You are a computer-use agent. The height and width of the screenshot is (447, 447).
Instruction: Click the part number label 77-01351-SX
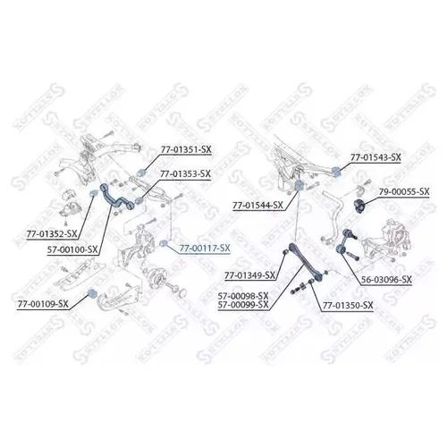point(186,149)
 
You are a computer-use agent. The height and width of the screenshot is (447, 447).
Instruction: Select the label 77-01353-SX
point(185,173)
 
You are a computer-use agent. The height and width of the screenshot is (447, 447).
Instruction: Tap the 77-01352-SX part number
point(52,234)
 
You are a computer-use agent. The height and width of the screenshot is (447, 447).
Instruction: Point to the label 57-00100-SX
point(72,249)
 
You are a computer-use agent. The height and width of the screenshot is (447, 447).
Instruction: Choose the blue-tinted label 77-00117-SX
point(205,248)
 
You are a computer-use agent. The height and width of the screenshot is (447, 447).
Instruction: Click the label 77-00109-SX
point(43,304)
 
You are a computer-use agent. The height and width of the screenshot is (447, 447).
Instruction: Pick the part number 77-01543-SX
point(375,157)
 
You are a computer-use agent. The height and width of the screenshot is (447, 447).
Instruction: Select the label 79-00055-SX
point(404,191)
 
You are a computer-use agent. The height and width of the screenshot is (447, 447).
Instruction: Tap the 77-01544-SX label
point(258,206)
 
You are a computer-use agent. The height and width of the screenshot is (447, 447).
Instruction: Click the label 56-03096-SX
point(386,280)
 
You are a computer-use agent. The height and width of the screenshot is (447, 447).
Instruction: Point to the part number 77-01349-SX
point(250,275)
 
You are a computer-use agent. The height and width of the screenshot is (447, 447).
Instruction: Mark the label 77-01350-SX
point(348,306)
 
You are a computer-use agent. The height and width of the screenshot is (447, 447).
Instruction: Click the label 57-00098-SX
point(243,296)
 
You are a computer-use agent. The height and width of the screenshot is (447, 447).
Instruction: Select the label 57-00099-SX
point(243,305)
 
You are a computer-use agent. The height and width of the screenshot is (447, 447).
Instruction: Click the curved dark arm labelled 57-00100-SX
point(112,199)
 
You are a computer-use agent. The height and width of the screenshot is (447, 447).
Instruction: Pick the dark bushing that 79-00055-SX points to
point(359,206)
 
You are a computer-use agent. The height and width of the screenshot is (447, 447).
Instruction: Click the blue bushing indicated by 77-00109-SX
point(92,293)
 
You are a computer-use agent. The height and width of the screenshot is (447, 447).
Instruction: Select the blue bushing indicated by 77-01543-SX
point(336,172)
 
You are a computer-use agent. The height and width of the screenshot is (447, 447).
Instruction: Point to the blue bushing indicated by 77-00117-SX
point(163,244)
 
